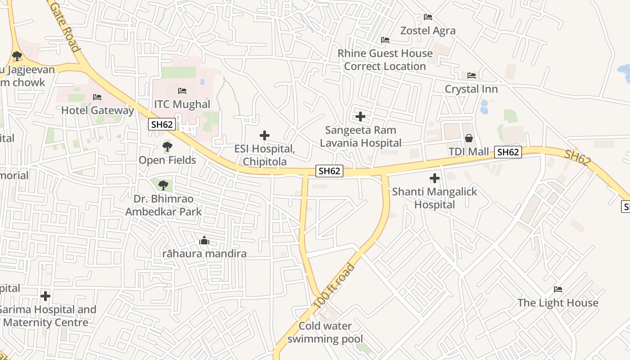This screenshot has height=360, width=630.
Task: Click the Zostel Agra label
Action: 428,31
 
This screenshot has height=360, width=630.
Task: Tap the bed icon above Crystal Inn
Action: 472,75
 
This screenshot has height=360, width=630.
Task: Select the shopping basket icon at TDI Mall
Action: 469,138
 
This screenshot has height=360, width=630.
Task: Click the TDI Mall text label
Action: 468,152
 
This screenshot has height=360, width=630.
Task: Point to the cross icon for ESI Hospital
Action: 265,135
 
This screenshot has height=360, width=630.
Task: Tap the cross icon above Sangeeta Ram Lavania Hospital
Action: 360,117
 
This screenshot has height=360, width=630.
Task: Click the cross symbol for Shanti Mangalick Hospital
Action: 434,178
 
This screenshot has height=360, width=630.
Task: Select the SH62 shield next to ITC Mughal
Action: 162,125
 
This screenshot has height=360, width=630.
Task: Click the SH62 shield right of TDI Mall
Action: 508,152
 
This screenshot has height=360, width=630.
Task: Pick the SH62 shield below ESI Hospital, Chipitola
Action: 329,171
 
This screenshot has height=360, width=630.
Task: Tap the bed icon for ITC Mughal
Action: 182,91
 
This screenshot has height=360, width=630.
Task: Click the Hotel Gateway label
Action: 97,110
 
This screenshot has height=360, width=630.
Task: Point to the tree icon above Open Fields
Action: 167,147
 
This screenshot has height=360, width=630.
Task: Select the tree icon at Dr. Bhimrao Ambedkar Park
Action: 163,185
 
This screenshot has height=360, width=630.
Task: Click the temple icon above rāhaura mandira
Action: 204,241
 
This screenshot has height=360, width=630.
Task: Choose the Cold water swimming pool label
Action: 325,332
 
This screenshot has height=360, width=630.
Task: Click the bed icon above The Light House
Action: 558,289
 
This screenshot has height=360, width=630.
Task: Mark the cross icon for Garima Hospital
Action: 45,296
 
